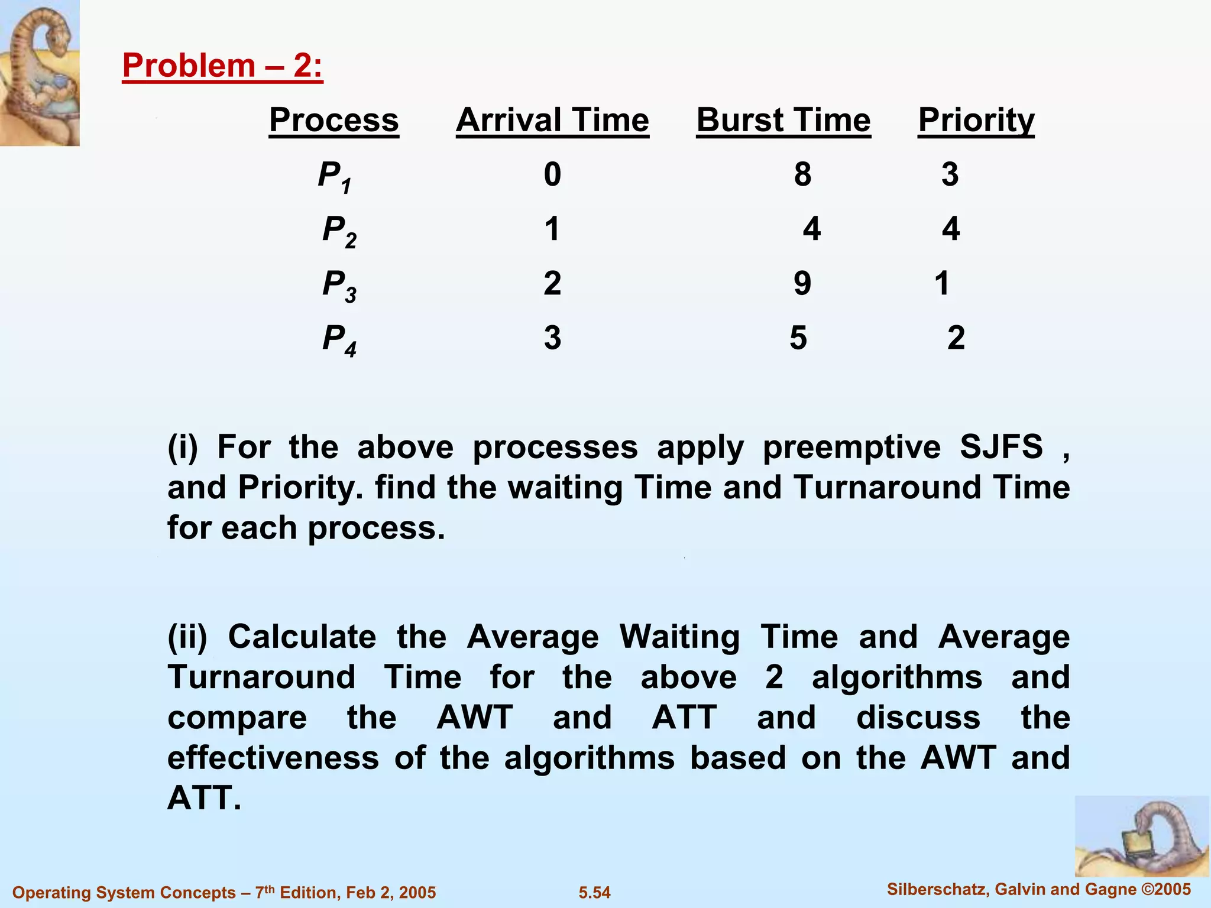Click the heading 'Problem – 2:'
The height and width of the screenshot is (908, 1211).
tap(222, 66)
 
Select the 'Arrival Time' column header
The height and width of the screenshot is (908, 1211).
tap(552, 121)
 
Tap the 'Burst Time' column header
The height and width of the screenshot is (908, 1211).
tap(783, 121)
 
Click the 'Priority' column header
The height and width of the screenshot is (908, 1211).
tap(976, 121)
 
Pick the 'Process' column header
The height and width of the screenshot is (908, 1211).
tap(333, 121)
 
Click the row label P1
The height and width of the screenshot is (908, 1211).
tap(335, 176)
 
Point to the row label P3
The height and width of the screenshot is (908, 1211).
tap(339, 285)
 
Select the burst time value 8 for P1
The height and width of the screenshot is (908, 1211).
tap(802, 174)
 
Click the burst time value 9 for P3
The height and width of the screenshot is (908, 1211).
tap(802, 283)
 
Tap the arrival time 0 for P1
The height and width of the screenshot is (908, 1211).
tap(552, 174)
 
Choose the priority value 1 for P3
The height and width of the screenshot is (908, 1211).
tap(942, 283)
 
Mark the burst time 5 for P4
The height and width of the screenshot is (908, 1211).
tap(798, 338)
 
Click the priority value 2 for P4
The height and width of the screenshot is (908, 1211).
tap(956, 338)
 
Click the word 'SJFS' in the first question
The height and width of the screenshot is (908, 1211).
tap(1001, 447)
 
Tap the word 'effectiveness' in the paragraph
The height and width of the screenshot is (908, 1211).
tap(273, 758)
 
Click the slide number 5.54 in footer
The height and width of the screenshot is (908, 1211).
tap(594, 892)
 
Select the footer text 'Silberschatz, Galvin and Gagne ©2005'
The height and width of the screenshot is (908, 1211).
tap(1038, 889)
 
